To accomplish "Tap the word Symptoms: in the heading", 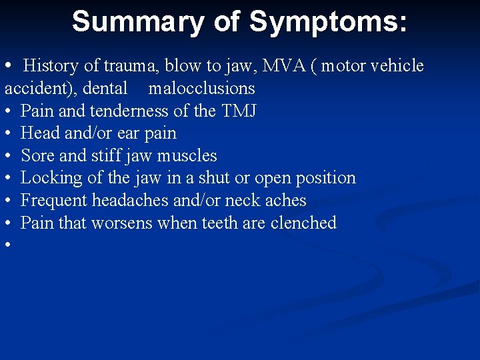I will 328,21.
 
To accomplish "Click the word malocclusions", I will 201,88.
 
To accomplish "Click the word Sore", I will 37,155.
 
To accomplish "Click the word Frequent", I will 54,200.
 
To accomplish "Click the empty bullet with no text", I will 9,245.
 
